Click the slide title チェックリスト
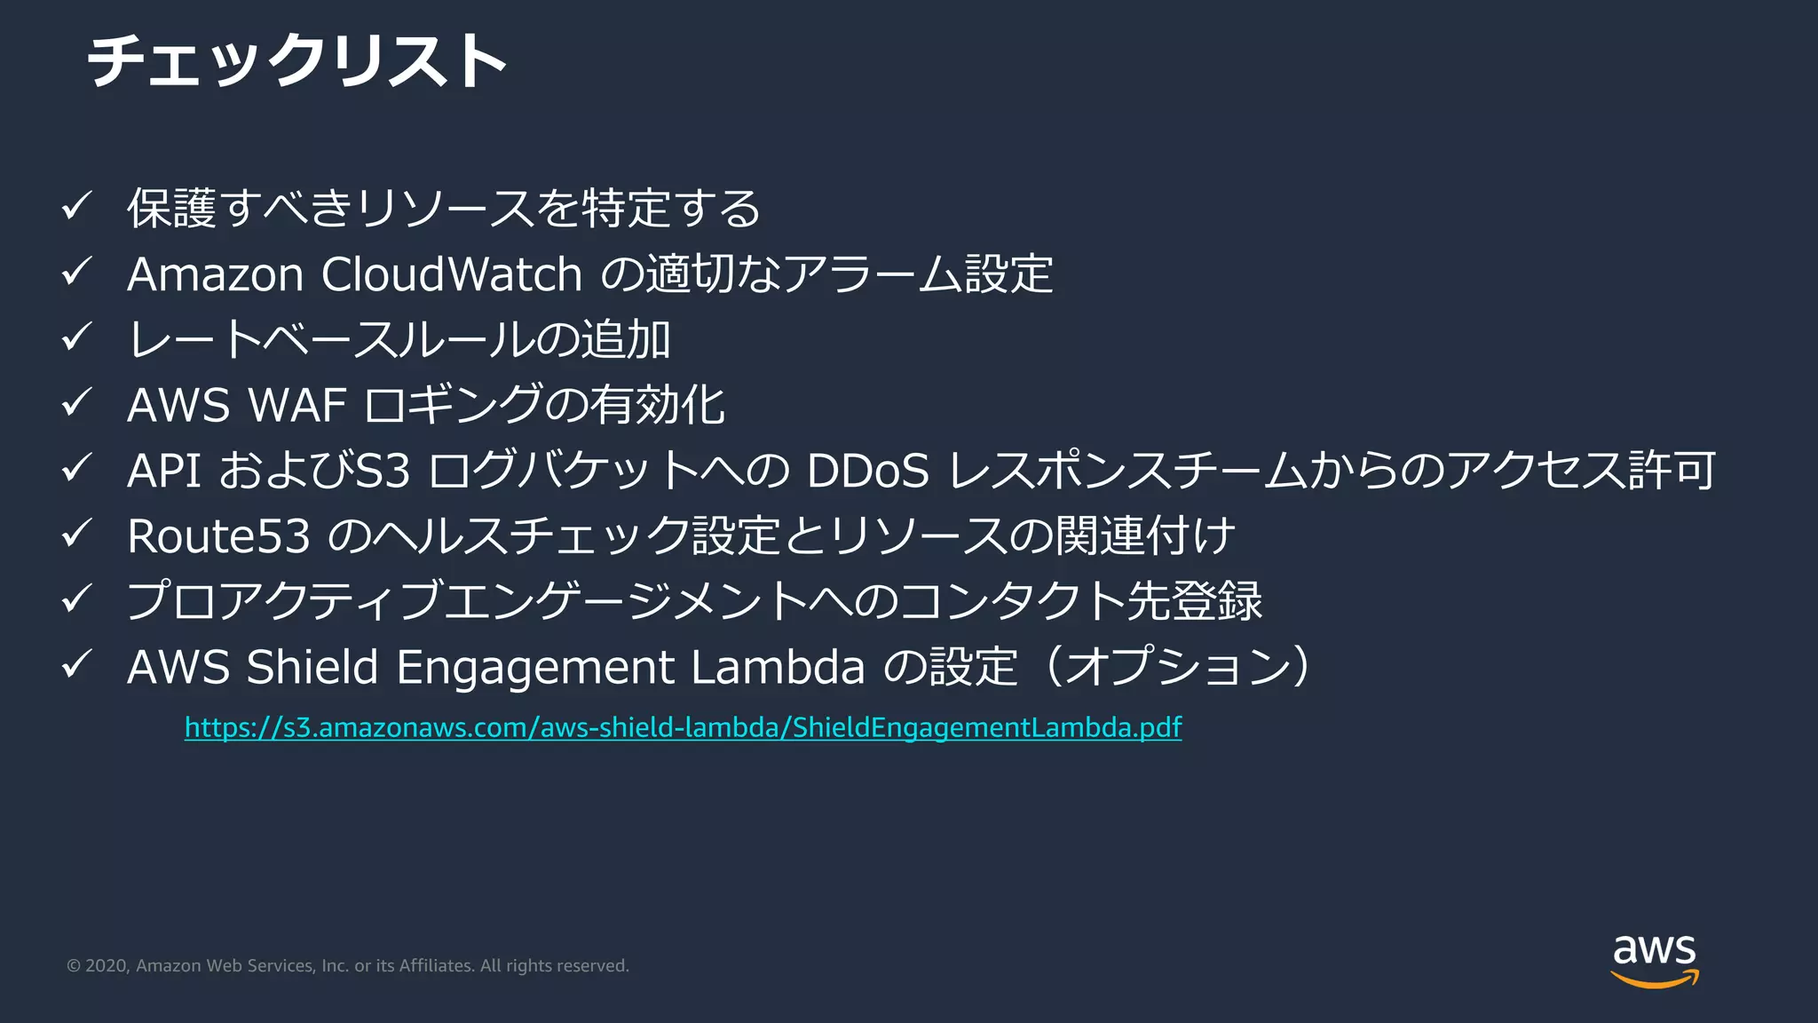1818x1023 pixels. (x=297, y=61)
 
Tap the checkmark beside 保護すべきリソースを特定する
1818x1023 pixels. (x=77, y=207)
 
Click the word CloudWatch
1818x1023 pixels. (x=451, y=274)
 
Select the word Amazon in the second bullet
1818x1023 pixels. (x=216, y=274)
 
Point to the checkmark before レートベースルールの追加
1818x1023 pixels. (x=77, y=337)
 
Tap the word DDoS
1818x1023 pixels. (x=867, y=471)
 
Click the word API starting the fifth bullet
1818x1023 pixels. (x=164, y=471)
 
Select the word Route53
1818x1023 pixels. (x=218, y=536)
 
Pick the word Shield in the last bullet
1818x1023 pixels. (x=312, y=667)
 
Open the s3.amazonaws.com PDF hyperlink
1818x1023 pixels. (x=683, y=727)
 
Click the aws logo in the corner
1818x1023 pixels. (x=1654, y=959)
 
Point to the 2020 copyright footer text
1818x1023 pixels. (x=348, y=965)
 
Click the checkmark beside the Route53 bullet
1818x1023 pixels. (x=77, y=534)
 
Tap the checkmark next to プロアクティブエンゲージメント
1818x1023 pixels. (x=77, y=599)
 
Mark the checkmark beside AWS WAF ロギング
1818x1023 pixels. (x=77, y=403)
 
